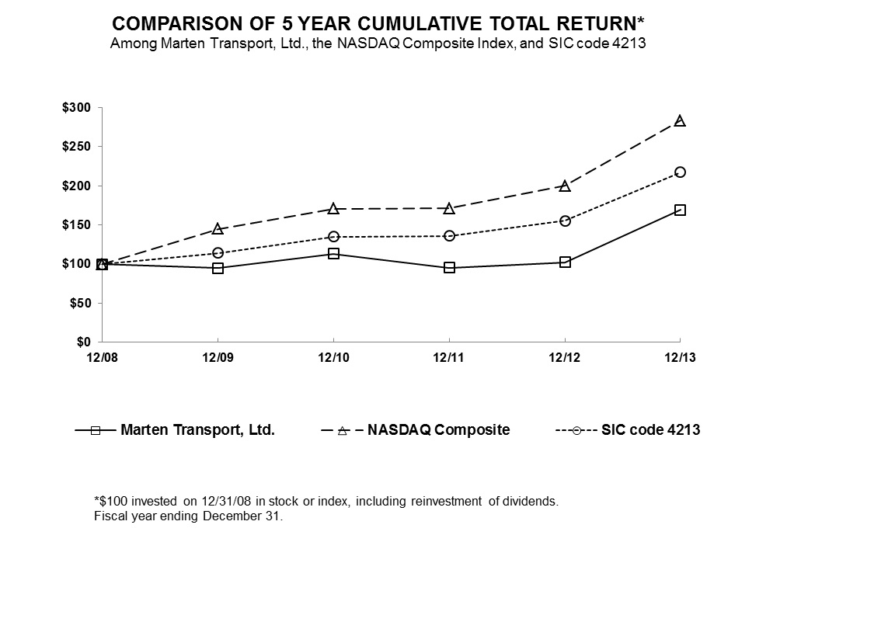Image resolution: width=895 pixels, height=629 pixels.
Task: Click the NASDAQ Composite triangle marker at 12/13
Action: tap(680, 121)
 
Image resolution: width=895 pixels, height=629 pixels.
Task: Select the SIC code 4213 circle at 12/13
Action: tap(680, 172)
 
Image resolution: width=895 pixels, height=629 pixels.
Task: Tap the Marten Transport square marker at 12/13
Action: tap(680, 210)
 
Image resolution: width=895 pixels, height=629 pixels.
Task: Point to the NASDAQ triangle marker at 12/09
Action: tap(218, 229)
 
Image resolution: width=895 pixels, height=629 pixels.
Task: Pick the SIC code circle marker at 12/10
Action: tap(333, 236)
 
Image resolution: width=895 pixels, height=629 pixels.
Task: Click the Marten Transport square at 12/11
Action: tap(449, 267)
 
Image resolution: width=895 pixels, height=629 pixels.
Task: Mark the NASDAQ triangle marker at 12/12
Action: tap(565, 186)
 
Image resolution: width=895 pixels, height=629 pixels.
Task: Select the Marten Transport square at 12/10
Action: tap(333, 253)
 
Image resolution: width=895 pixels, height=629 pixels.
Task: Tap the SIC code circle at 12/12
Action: tap(565, 221)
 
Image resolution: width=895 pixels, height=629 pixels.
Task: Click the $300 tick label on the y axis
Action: tap(76, 107)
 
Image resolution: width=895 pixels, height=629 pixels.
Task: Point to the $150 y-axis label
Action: tap(76, 224)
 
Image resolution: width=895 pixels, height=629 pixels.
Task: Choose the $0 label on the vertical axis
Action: tap(82, 342)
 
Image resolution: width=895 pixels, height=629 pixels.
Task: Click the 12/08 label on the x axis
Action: tap(102, 357)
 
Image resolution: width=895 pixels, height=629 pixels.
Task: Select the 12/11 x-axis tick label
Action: tap(449, 357)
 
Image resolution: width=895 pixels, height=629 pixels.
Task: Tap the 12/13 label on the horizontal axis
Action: tap(680, 357)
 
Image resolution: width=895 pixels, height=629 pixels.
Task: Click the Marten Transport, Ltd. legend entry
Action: tap(197, 429)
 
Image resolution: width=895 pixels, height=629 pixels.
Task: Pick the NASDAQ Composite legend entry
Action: tap(438, 429)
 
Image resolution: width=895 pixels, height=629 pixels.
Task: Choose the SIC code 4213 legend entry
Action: tap(650, 429)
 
